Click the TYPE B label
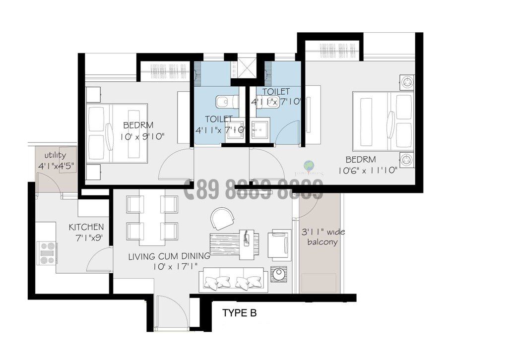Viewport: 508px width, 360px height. pos(239,313)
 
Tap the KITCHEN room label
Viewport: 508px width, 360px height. pos(86,227)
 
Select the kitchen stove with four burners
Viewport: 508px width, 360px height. pos(47,252)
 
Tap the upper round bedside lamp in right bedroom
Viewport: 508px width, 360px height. pos(407,81)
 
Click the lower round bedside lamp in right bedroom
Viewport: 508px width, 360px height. pos(407,160)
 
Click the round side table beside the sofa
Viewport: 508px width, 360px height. pos(278,275)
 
